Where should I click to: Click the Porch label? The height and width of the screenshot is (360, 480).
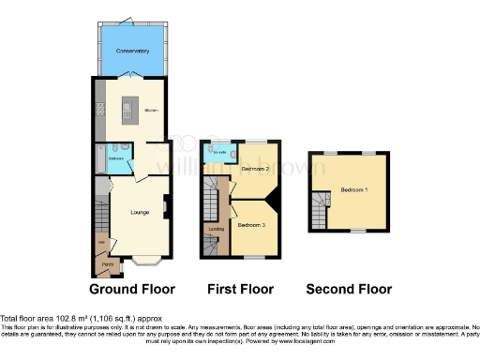[x=108, y=264]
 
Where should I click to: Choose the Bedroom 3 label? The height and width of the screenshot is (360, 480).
[x=251, y=226]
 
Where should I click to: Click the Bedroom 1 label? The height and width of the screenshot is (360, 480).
[x=354, y=187]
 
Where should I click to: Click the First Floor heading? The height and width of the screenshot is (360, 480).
[x=241, y=289]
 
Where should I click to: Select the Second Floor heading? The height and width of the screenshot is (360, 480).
[x=350, y=289]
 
